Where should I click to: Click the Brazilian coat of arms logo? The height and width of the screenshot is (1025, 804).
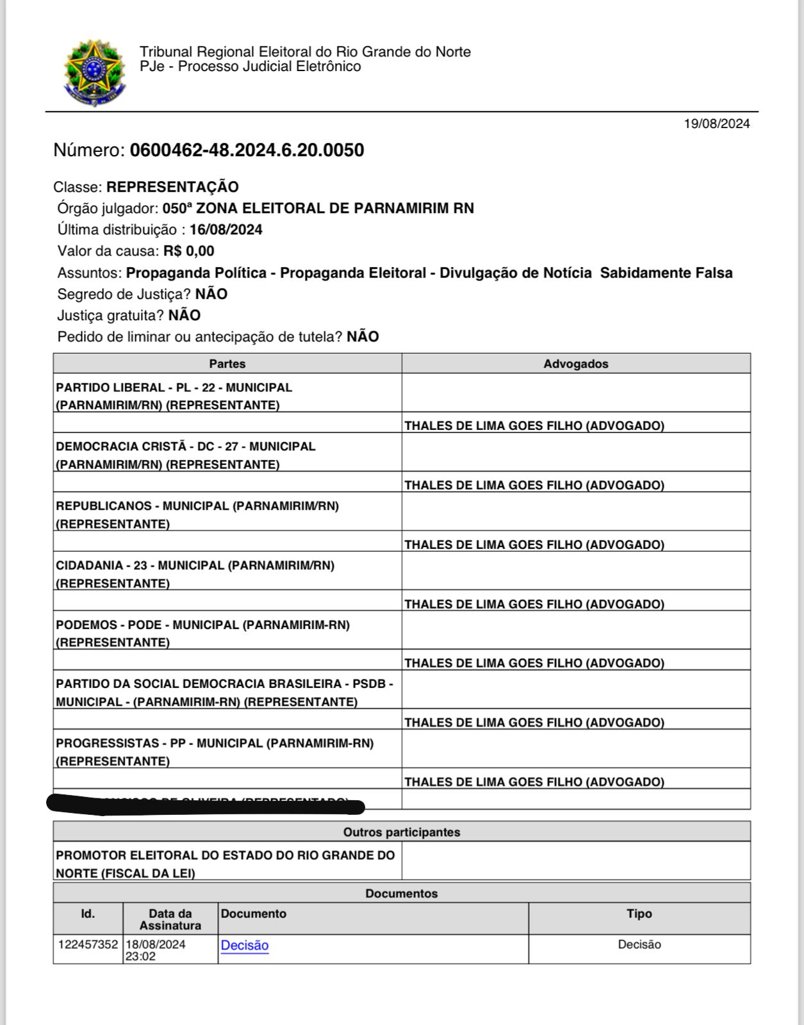pyautogui.click(x=94, y=73)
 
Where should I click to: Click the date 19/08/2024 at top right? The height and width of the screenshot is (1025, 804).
pyautogui.click(x=716, y=124)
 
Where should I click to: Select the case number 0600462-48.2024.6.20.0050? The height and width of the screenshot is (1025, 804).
pyautogui.click(x=247, y=151)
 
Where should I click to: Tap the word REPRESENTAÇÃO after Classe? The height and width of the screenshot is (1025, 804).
pyautogui.click(x=172, y=187)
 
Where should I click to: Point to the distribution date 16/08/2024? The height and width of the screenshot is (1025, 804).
pyautogui.click(x=226, y=230)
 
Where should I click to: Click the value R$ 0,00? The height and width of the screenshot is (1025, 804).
pyautogui.click(x=188, y=251)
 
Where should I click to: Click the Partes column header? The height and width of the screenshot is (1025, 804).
pyautogui.click(x=227, y=364)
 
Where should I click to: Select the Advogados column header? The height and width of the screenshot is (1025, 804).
pyautogui.click(x=575, y=364)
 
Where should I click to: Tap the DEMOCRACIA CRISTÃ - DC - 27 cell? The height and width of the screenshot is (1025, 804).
pyautogui.click(x=185, y=455)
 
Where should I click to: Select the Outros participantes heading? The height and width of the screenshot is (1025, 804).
pyautogui.click(x=401, y=832)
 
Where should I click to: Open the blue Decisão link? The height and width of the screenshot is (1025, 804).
pyautogui.click(x=245, y=946)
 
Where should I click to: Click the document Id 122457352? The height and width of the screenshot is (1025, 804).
pyautogui.click(x=88, y=945)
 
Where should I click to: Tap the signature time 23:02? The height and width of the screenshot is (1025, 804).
pyautogui.click(x=140, y=956)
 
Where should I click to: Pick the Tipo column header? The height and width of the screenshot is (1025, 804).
pyautogui.click(x=639, y=914)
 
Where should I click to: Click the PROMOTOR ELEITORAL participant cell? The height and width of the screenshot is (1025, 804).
pyautogui.click(x=225, y=864)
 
